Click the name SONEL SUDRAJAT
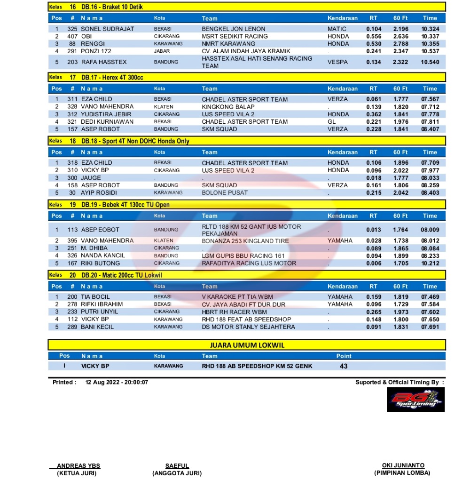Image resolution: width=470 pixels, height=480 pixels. [x=107, y=29]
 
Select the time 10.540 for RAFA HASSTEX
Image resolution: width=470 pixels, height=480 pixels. [x=430, y=62]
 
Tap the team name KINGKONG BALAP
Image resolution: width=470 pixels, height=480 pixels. [x=228, y=107]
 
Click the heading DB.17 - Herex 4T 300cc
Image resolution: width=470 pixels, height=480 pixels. [x=112, y=77]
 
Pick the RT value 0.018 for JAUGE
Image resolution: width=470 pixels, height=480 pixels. [x=374, y=178]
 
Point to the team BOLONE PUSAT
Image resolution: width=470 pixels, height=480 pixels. [x=225, y=193]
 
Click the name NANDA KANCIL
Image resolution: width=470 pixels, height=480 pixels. [x=103, y=256]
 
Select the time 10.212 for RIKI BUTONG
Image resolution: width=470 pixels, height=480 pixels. [x=430, y=263]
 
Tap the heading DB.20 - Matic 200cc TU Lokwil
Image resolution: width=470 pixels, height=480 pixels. [x=122, y=275]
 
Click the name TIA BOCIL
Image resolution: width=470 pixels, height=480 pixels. [x=95, y=297]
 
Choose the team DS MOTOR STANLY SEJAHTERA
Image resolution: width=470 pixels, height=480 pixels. [x=249, y=327]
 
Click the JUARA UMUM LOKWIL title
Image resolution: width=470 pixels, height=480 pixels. [x=247, y=345]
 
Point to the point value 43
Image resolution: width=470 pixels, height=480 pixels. [x=344, y=366]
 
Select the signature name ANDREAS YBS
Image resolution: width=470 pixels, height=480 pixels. [x=78, y=466]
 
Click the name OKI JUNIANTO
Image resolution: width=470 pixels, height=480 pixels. [x=403, y=466]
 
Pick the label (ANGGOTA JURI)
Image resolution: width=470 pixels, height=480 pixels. [x=177, y=473]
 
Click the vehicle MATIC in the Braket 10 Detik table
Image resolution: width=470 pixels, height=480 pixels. [x=337, y=29]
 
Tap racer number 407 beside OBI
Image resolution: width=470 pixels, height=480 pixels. [x=72, y=36]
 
